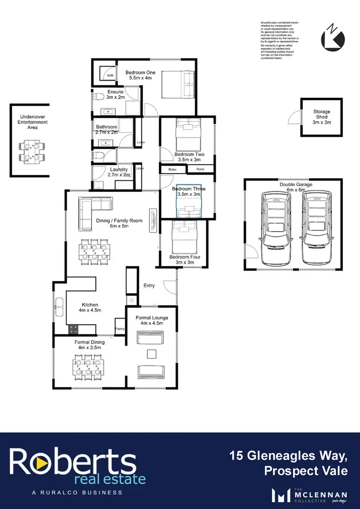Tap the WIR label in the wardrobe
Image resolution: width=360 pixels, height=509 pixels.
click(x=110, y=76)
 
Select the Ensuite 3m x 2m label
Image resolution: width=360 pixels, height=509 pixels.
click(x=115, y=95)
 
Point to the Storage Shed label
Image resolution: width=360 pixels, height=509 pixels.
click(x=322, y=117)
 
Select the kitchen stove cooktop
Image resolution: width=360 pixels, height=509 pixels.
click(x=74, y=329)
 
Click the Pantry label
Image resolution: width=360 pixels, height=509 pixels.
click(x=120, y=329)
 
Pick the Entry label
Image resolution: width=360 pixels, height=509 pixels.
click(x=149, y=286)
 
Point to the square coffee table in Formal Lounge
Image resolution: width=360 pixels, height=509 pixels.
click(x=151, y=354)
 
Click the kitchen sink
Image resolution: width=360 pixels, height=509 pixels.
click(x=60, y=307)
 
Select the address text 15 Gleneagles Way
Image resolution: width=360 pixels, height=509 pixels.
click(x=288, y=455)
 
